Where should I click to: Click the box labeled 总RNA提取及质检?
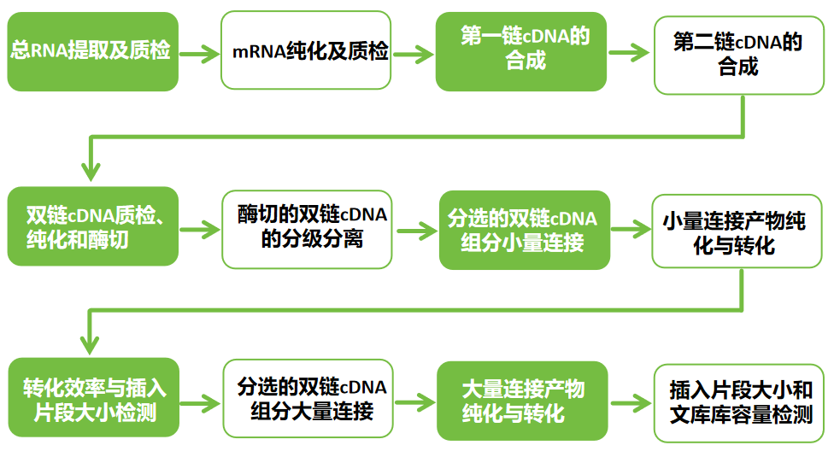92,51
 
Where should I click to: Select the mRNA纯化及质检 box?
306,51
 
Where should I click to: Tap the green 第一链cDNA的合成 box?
521,51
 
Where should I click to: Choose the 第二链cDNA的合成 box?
739,53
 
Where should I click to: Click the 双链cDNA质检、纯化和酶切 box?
92,226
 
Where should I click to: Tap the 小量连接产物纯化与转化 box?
739,231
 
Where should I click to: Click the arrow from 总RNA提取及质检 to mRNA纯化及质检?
199,52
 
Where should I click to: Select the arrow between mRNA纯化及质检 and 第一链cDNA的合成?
414,52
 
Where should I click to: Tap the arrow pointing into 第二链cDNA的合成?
631,52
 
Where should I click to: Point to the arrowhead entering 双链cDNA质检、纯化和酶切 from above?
90,171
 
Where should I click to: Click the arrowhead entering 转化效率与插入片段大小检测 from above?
90,345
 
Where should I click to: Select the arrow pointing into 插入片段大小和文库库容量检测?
631,402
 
